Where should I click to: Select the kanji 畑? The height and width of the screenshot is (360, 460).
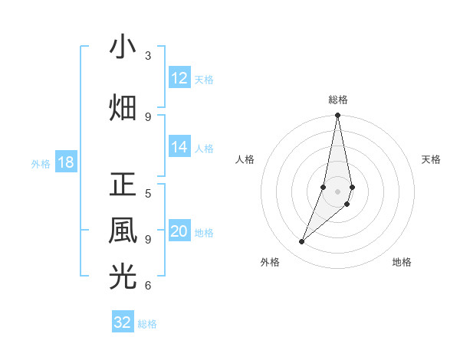click(x=123, y=106)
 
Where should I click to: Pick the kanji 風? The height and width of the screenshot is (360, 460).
click(x=123, y=231)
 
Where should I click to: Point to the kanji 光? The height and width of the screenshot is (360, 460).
click(x=123, y=277)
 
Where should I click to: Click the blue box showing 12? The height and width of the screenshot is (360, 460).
click(x=179, y=78)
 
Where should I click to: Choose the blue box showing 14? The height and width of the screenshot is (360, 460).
click(x=179, y=148)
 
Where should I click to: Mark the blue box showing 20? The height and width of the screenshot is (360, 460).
click(x=179, y=232)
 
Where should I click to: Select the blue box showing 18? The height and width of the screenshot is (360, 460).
click(x=65, y=162)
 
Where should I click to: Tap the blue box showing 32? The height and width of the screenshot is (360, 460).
click(x=123, y=322)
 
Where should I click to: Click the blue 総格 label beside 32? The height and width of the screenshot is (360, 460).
click(x=147, y=323)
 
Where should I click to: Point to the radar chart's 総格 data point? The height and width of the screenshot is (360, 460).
click(x=337, y=116)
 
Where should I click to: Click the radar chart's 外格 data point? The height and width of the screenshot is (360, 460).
click(x=301, y=242)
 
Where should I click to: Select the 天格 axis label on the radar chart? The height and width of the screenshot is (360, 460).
click(x=431, y=159)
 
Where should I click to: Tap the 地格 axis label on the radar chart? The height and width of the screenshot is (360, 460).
click(x=402, y=262)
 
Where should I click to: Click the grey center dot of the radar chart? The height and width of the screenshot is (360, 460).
click(x=337, y=191)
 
